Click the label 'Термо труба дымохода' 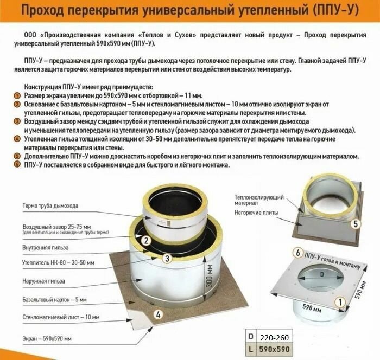click(50, 206)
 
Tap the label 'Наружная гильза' click(44, 281)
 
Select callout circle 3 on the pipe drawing click(167, 258)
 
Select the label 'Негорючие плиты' click(256, 213)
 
